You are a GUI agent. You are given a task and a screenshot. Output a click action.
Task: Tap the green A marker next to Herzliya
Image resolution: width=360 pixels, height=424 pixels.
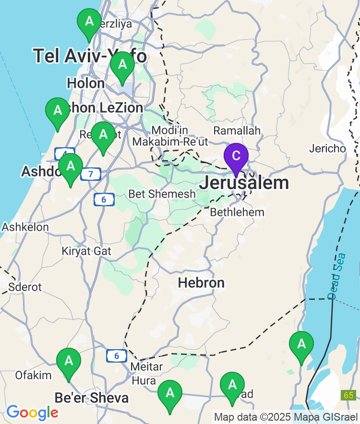click(x=89, y=22)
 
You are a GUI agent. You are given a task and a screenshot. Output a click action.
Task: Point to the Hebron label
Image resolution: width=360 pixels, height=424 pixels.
click(x=201, y=283)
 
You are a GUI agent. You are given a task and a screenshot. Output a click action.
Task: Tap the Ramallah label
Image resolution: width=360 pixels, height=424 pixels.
click(x=237, y=130)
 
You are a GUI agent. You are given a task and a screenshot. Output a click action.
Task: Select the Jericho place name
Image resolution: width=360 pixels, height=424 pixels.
click(x=327, y=149)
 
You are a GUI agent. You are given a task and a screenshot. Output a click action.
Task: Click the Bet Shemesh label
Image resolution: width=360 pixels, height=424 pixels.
click(x=162, y=194)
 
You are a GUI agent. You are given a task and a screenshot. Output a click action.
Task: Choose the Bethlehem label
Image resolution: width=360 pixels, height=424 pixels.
click(x=237, y=212)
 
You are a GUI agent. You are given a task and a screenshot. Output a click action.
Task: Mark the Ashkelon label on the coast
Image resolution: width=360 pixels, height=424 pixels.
click(x=25, y=227)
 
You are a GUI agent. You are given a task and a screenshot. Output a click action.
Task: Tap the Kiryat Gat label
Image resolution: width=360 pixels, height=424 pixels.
click(x=86, y=251)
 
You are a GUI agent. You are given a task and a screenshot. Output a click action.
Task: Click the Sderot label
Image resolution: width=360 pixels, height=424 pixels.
click(x=25, y=287)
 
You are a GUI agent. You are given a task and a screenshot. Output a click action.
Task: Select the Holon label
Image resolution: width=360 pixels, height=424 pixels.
click(x=85, y=83)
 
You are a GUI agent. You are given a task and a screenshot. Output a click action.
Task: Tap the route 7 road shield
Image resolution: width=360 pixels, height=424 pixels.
click(x=90, y=174)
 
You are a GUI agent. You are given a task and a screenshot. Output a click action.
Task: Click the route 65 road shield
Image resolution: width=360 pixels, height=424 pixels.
click(x=349, y=395)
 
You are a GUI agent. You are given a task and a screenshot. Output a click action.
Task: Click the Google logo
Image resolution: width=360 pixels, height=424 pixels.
click(x=32, y=412)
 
